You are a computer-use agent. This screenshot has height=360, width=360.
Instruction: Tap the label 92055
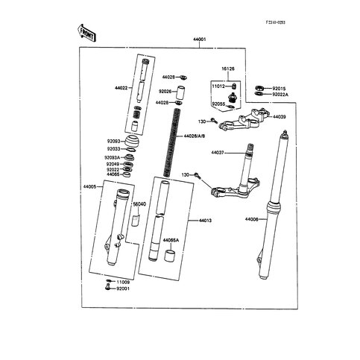[218, 105]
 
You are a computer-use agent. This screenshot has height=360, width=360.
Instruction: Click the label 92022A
[282, 95]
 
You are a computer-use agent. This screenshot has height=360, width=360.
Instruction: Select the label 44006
[253, 219]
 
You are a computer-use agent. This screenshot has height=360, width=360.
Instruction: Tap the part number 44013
[206, 221]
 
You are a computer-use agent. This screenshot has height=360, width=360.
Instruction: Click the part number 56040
[138, 203]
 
